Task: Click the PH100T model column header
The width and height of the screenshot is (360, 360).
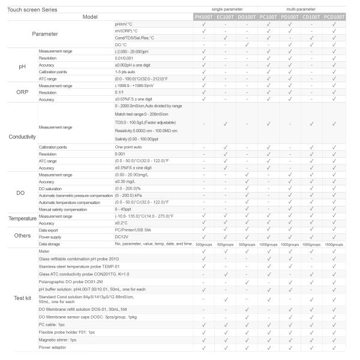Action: (x=205, y=16)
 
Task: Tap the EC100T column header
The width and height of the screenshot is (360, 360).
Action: (x=226, y=16)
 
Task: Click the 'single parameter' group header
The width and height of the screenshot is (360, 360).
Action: (x=226, y=10)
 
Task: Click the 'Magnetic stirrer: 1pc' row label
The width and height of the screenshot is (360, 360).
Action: (x=58, y=340)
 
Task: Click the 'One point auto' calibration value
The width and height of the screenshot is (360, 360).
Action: (x=128, y=147)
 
